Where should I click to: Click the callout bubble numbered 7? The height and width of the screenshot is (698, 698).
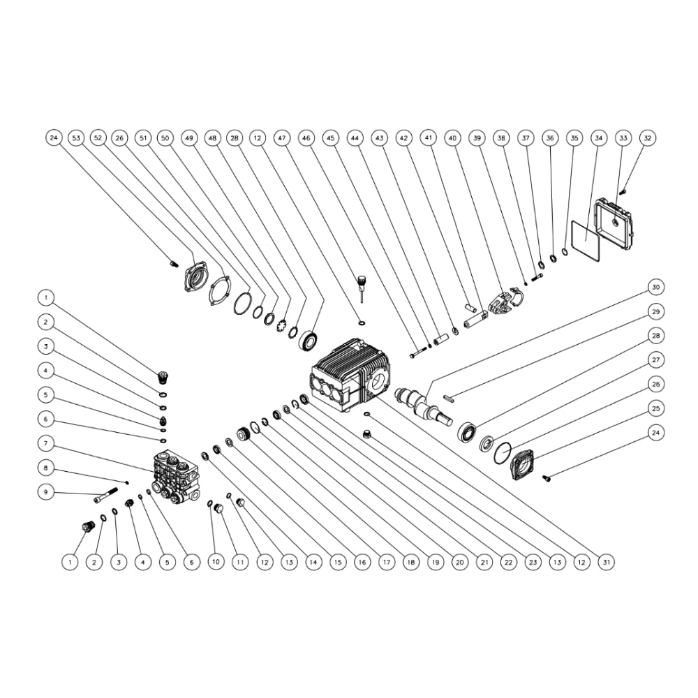tap(46, 443)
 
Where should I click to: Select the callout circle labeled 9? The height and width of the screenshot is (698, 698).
tap(46, 492)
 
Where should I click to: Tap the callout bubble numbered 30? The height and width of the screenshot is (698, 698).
tap(655, 287)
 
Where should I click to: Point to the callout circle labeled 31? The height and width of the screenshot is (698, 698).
tap(607, 562)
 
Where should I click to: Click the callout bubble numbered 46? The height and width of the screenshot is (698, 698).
tap(306, 138)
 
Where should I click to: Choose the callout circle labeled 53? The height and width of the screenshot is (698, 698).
tap(77, 138)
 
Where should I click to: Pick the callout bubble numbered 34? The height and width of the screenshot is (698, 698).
tap(599, 138)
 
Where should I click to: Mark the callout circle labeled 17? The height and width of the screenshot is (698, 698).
tap(387, 562)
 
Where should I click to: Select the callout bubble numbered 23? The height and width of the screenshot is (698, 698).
tap(533, 562)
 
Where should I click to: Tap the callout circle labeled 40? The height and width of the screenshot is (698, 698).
tap(453, 138)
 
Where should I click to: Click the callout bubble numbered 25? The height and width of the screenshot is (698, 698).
tap(655, 408)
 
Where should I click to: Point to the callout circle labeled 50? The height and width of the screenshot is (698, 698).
tap(165, 138)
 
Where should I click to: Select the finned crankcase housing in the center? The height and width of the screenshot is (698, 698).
tap(350, 375)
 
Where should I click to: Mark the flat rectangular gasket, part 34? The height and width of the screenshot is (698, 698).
tap(586, 239)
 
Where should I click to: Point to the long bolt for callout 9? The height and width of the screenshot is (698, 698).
tap(106, 495)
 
